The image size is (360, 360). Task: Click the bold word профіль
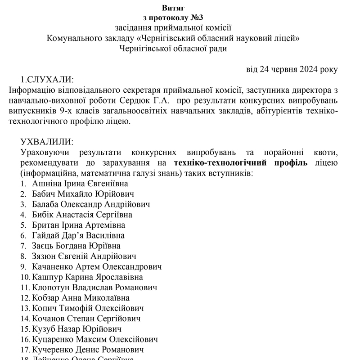tap(286, 163)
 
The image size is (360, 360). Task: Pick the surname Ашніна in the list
tap(47, 184)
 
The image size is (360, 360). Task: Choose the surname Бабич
tap(45, 194)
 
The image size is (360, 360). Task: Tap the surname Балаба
tap(46, 204)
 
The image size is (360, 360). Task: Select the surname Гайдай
tap(46, 235)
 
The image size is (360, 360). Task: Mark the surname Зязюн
tap(45, 256)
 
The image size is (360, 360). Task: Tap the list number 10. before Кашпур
tap(26, 277)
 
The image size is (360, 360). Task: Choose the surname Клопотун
tap(52, 287)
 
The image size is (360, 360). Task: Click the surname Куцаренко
tap(54, 339)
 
